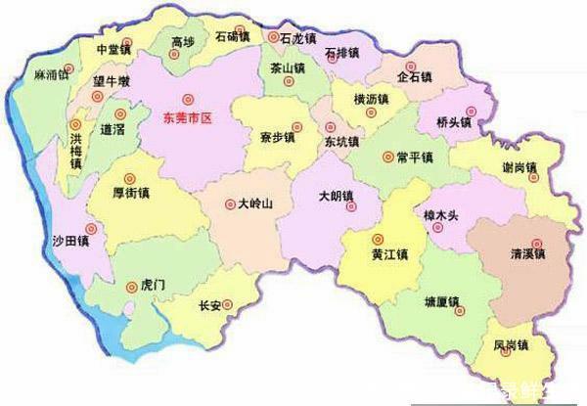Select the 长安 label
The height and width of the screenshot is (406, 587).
point(209,305)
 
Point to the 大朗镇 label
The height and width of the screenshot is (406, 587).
point(337,195)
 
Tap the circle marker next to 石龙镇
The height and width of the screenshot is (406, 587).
point(273,36)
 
